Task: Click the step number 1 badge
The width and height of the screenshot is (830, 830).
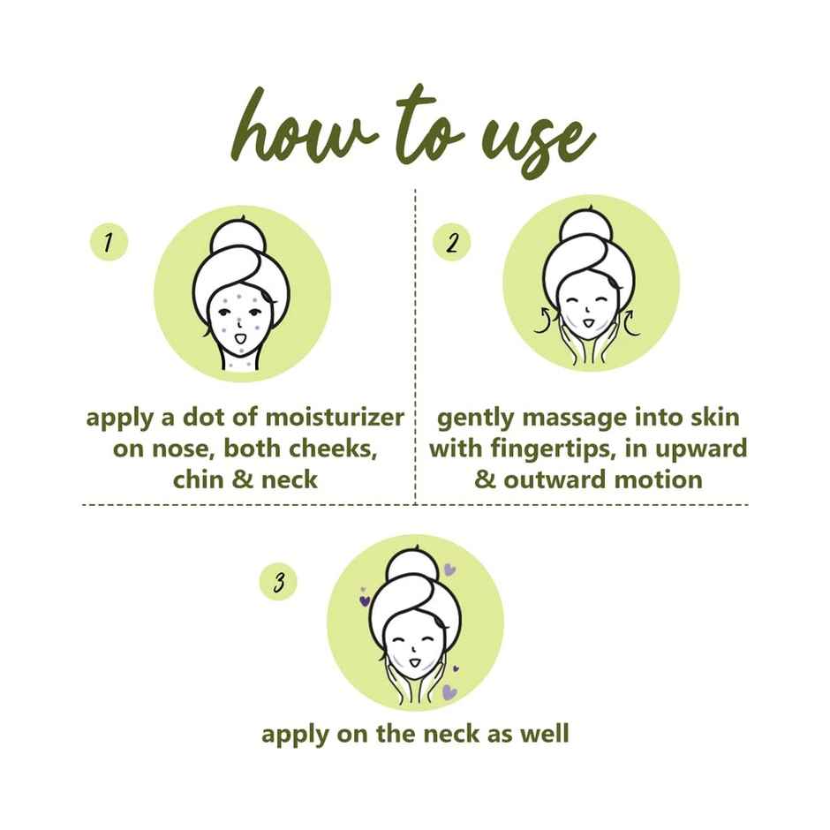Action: (x=109, y=244)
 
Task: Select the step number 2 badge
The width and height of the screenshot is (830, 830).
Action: (x=451, y=244)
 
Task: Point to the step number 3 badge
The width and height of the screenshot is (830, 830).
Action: (x=279, y=582)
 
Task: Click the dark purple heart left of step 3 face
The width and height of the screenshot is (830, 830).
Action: (x=364, y=601)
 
